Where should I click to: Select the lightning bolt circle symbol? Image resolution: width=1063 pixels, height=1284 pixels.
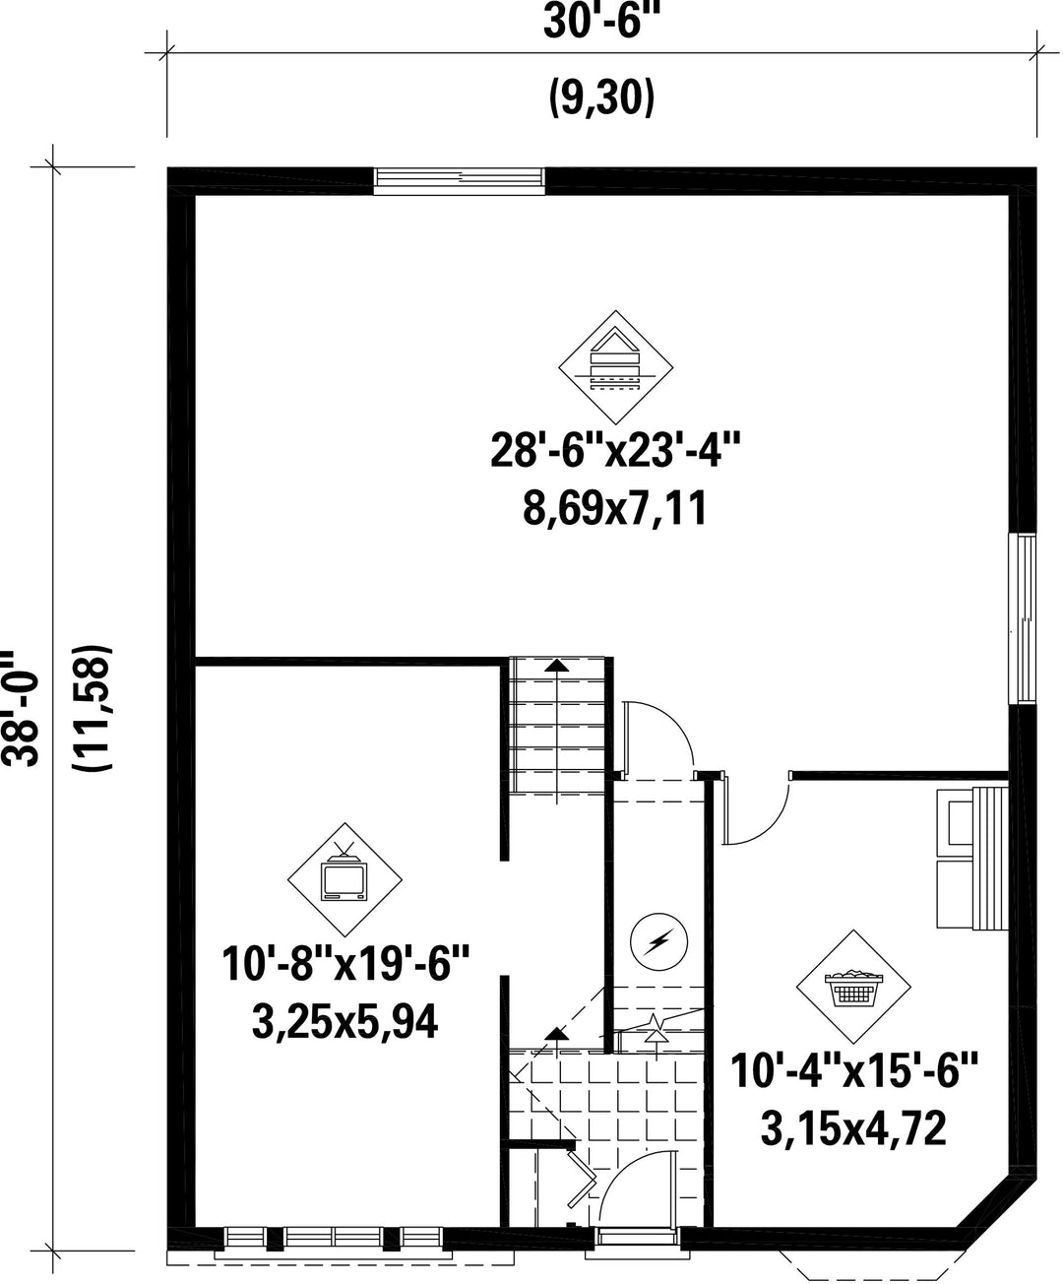[x=659, y=941]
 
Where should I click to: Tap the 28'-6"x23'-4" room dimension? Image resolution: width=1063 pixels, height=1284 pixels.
[x=615, y=450]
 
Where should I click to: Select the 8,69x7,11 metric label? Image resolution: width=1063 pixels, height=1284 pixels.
[x=615, y=508]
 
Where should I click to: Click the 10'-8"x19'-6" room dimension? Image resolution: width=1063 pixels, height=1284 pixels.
[x=345, y=963]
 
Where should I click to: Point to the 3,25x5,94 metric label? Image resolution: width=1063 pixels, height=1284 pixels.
[x=344, y=1021]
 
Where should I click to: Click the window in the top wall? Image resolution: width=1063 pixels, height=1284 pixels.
[x=460, y=181]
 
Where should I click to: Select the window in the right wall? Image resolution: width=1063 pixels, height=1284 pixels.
[x=1023, y=618]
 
